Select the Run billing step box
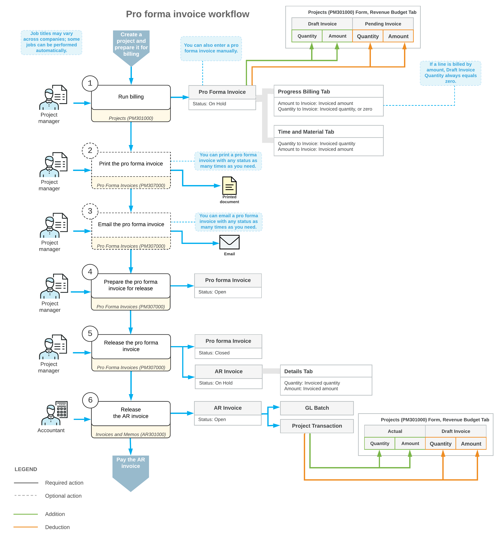pos(131,97)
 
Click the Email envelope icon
pos(229,242)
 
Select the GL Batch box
pos(317,408)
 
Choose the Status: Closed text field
pos(214,353)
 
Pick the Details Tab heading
pos(298,371)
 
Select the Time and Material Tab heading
pos(306,132)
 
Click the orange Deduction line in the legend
pos(26,527)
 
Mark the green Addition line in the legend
pos(26,514)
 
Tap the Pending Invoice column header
pos(383,24)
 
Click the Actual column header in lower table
pos(395,431)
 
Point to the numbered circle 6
pos(90,400)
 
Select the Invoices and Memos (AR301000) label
pos(131,434)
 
